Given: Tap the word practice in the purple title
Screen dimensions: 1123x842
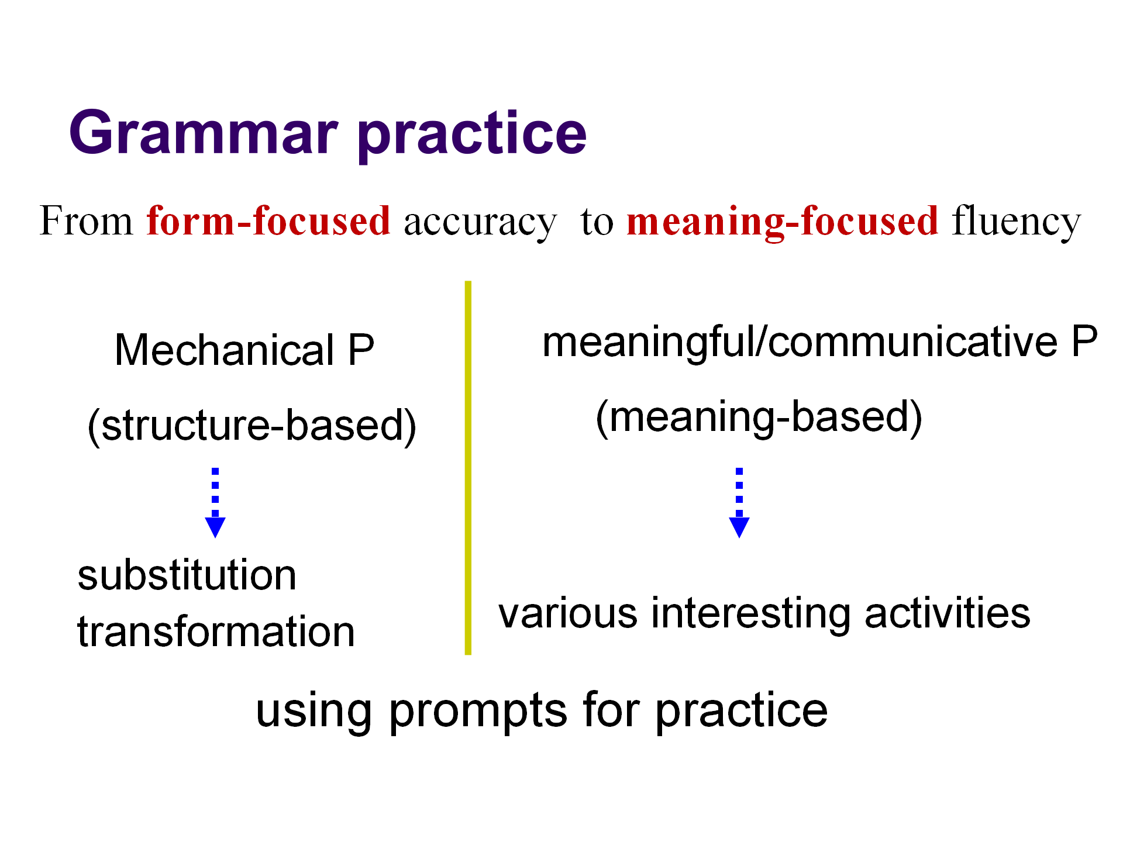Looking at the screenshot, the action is point(472,136).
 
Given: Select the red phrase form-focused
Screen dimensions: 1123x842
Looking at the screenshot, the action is point(268,221).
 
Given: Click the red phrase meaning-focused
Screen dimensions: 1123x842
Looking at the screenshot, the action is point(783,223).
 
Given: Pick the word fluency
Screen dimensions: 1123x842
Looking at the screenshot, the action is point(1017,223).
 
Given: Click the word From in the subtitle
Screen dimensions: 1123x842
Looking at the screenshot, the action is point(87,221).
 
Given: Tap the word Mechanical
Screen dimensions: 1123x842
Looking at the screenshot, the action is point(225,350).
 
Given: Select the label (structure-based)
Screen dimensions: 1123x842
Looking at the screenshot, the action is point(252,426).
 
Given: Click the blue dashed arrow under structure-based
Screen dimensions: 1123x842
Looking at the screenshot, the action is point(215,502).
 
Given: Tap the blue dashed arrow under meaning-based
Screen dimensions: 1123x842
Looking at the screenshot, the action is point(739,502).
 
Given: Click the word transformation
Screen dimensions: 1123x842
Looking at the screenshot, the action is point(216,631).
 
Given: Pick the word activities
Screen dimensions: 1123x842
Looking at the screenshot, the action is point(948,612).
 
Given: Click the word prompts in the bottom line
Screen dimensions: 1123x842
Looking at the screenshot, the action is point(478,712).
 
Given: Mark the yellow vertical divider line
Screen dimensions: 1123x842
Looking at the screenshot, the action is point(468,468).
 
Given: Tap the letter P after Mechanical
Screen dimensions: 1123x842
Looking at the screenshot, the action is point(361,350).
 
